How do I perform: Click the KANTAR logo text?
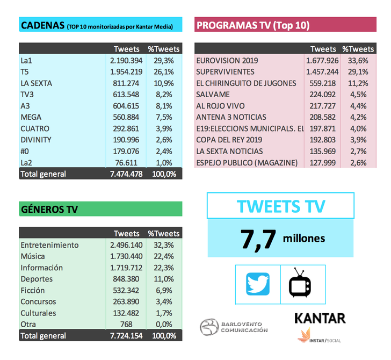(x=320, y=318)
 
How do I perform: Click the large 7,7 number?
(x=258, y=237)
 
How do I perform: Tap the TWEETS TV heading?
(x=280, y=205)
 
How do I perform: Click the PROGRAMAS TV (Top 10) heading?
(x=253, y=25)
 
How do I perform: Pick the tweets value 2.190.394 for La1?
(x=124, y=61)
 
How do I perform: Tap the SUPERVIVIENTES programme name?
(x=226, y=72)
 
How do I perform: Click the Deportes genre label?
(x=37, y=279)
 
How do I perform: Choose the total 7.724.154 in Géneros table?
(x=124, y=336)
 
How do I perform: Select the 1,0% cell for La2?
(x=167, y=162)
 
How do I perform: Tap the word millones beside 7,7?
(x=304, y=238)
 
